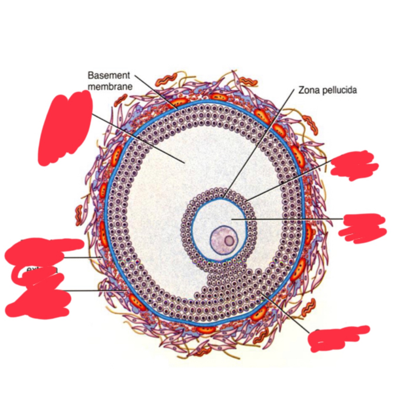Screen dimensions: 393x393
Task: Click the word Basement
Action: pyautogui.click(x=109, y=75)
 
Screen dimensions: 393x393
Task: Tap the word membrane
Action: pyautogui.click(x=110, y=87)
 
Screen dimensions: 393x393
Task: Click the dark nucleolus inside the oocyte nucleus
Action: pyautogui.click(x=229, y=241)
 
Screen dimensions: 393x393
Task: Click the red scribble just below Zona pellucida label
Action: pyautogui.click(x=354, y=166)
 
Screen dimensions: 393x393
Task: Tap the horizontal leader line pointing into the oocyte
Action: pyautogui.click(x=289, y=219)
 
